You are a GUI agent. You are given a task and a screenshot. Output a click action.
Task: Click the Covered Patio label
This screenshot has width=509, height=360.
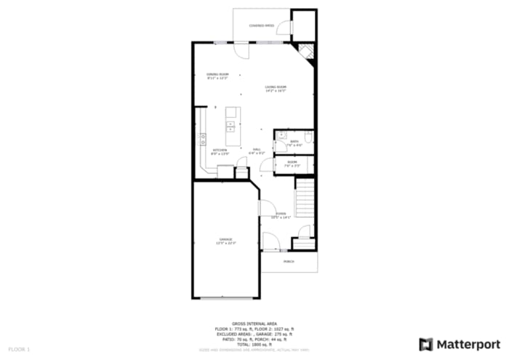coord(262,25)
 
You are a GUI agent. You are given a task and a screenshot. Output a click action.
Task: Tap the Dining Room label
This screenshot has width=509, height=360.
coord(217,76)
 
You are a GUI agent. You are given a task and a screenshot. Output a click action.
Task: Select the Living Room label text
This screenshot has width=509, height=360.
coord(276,89)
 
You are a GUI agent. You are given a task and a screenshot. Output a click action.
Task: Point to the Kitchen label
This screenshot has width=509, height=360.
coord(220,151)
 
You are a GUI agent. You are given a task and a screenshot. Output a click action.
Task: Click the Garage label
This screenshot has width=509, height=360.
coord(225,241)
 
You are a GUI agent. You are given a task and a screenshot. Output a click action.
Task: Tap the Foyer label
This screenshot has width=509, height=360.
coord(280,215)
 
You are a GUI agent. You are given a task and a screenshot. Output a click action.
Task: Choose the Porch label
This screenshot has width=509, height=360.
coord(289,261)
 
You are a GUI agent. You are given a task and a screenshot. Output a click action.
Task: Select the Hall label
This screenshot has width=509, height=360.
coord(257,151)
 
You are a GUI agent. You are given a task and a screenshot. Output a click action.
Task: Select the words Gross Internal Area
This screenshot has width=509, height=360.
coord(254,323)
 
